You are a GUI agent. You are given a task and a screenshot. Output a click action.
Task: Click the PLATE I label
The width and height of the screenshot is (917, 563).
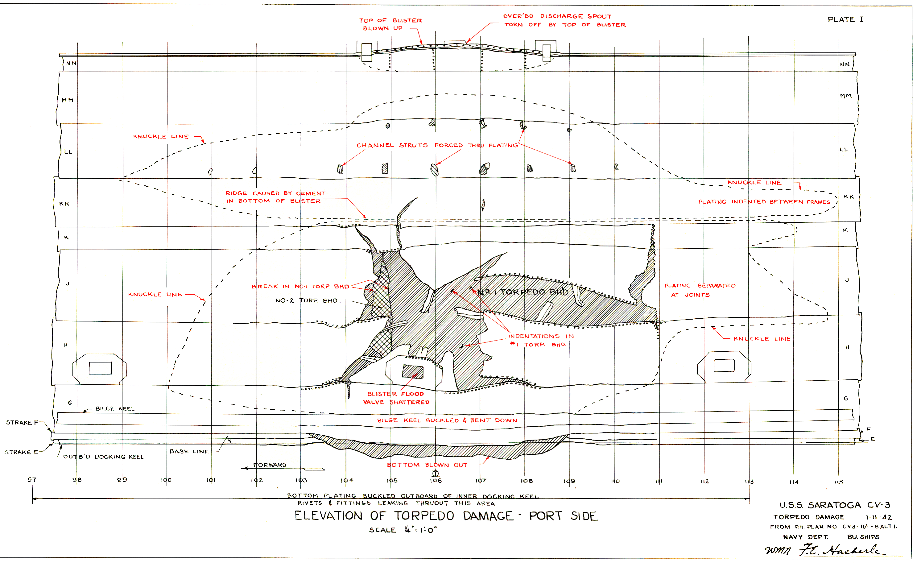[845, 19]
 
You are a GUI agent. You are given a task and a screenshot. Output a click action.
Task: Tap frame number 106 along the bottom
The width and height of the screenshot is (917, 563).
[436, 480]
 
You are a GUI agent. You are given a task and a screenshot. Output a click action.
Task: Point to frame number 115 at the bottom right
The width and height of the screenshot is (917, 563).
[838, 482]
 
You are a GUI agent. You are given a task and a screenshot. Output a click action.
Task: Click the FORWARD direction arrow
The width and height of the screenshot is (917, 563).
[283, 468]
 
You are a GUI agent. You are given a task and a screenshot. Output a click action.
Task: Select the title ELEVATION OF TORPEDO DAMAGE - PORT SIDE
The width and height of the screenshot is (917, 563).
[446, 516]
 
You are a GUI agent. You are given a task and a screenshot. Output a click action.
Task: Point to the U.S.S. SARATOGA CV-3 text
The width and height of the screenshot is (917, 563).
[835, 505]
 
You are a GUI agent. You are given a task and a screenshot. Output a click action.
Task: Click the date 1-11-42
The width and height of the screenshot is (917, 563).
[879, 517]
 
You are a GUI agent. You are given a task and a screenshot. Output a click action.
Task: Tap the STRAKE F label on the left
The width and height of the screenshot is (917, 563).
[22, 422]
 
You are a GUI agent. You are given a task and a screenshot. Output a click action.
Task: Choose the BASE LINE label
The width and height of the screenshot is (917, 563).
[189, 451]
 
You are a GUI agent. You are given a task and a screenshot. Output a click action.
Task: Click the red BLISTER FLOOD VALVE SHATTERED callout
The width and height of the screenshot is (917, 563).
[396, 398]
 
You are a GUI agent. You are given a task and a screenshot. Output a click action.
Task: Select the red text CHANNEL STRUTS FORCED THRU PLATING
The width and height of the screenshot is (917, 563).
[437, 145]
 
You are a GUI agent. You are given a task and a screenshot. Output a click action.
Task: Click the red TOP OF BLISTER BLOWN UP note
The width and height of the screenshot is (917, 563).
[390, 24]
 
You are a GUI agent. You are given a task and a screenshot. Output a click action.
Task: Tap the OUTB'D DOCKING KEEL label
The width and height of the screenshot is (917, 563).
[103, 457]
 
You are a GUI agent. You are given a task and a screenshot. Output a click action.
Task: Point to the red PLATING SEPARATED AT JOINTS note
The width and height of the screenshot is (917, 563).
[700, 290]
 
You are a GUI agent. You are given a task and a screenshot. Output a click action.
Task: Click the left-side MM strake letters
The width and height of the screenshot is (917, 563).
[67, 100]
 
